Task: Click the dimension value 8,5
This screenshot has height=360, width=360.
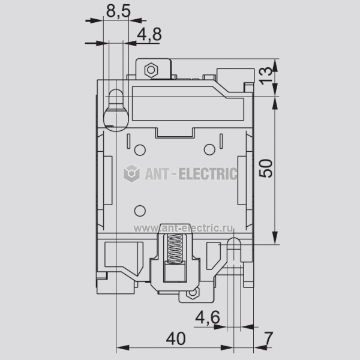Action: [x=118, y=11]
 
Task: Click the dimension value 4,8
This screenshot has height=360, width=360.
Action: [x=149, y=34]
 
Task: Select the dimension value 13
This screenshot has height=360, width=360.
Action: [x=266, y=76]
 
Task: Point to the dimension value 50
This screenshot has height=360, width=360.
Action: [x=266, y=168]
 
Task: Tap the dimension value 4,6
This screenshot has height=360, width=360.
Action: [x=208, y=317]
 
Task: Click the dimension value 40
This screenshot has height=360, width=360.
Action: [x=176, y=338]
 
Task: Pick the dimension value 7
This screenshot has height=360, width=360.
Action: [x=268, y=338]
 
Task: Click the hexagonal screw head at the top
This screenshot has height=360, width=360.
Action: [x=151, y=70]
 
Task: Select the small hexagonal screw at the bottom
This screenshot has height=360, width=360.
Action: [x=193, y=293]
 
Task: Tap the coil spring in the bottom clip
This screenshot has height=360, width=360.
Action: [x=175, y=248]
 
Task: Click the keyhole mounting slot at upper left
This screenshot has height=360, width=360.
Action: [x=116, y=110]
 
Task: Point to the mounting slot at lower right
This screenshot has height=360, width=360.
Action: [x=233, y=250]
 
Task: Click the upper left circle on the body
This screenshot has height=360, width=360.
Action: [x=140, y=150]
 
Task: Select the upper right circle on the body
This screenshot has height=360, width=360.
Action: [x=209, y=149]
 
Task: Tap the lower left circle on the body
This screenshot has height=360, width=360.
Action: [x=140, y=211]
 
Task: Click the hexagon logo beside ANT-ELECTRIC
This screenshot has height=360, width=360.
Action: [x=131, y=173]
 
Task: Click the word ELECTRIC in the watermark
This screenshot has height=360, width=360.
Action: [x=208, y=173]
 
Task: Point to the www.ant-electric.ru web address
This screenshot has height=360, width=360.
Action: [x=184, y=228]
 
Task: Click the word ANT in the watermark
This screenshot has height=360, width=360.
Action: [x=158, y=173]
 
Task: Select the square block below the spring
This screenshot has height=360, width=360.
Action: [x=175, y=273]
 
